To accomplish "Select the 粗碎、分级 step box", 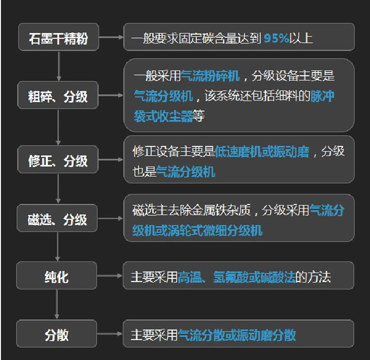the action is (58, 97).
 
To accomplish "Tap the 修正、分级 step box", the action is (58, 160).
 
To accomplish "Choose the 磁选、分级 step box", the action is (58, 219).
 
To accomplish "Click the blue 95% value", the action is (276, 38).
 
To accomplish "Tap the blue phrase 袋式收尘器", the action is (163, 116).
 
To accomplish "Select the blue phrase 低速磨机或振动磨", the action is (262, 152).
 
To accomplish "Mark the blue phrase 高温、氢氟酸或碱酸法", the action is (237, 277).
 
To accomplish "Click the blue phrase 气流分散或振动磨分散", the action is (237, 335).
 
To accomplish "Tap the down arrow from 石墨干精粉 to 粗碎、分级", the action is (58, 65).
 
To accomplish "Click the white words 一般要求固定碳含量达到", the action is (196, 38).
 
